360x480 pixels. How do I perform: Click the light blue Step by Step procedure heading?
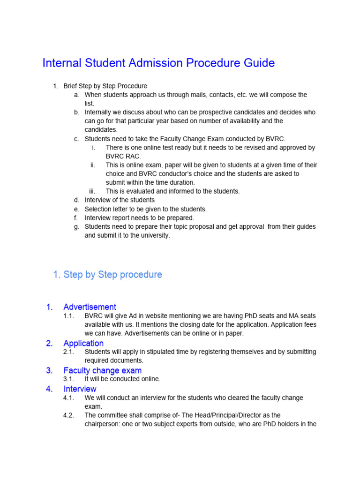tap(112, 275)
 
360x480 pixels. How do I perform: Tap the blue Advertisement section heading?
tap(90, 307)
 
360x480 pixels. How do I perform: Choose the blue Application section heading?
tap(83, 343)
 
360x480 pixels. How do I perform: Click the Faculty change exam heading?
tap(102, 370)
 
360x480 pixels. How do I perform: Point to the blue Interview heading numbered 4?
tap(80, 389)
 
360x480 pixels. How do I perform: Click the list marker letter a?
tap(76, 95)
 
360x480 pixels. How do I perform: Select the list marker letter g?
tap(76, 227)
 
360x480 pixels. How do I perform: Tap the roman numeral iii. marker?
tap(92, 191)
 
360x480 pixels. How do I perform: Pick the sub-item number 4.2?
tap(69, 415)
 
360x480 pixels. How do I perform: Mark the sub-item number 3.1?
tap(69, 379)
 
